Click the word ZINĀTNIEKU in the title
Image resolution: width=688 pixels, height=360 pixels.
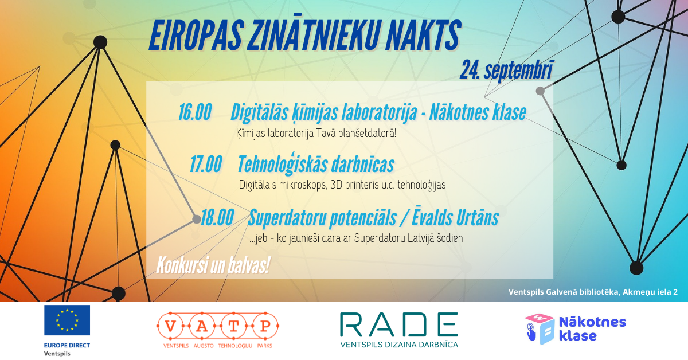coord(313,34)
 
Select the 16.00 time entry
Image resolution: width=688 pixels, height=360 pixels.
coord(195,112)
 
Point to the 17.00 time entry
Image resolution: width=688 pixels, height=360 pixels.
coord(206,164)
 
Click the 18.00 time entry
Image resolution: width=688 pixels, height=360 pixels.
coord(217,217)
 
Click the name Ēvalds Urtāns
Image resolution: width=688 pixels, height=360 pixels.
coord(455,217)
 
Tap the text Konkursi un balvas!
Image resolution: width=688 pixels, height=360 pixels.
coord(213,265)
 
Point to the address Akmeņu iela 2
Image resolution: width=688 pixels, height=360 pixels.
coord(650,292)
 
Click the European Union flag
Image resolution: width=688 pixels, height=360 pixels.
coord(67,320)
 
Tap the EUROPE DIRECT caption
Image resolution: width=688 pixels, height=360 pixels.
coord(67,345)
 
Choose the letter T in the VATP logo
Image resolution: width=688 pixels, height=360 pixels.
coord(233,326)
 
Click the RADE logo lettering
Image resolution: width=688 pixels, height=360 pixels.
coord(398,324)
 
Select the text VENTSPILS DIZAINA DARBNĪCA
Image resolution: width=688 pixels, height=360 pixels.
coord(399,345)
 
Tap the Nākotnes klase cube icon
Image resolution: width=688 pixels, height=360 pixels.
coord(540,328)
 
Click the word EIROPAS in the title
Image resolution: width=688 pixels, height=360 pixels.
coord(197,35)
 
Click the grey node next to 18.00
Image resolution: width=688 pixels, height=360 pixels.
coord(197,219)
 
